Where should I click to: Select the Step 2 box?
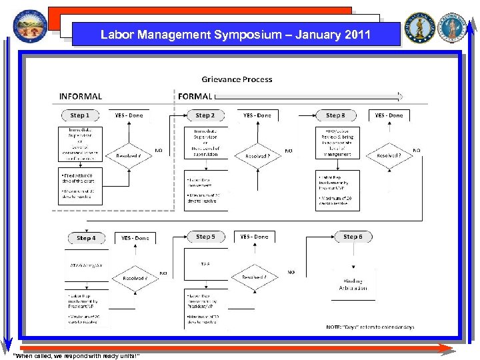pos(205,115)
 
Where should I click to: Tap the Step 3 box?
pos(335,115)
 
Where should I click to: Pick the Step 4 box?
pos(86,238)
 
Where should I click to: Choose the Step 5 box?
pos(205,237)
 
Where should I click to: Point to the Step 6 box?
pos(353,237)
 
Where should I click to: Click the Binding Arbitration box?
pos(353,285)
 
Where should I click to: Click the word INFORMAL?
pos(81,97)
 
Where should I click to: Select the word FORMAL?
pos(195,97)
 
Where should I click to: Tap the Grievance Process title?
pos(237,79)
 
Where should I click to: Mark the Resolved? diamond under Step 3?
pos(389,155)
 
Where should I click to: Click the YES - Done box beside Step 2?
pos(257,115)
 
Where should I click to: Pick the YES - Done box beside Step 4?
pos(135,238)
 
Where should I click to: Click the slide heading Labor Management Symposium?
pos(235,35)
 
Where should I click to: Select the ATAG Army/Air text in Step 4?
pos(87,265)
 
